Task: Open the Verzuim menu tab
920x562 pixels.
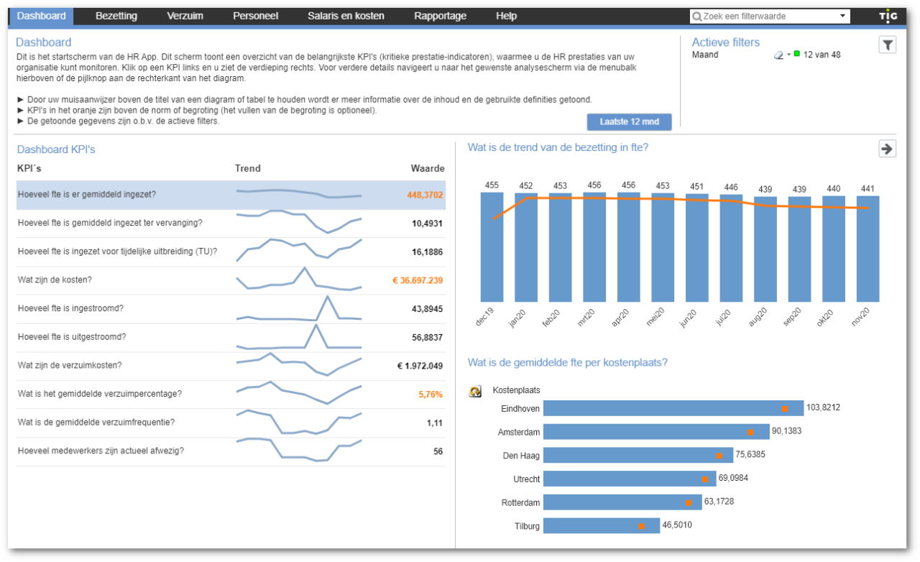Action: [x=185, y=16]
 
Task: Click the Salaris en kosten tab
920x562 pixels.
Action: [x=346, y=16]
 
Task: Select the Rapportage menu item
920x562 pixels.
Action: [x=440, y=16]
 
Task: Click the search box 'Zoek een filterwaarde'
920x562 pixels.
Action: [x=765, y=17]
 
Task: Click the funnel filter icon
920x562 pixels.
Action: [x=888, y=45]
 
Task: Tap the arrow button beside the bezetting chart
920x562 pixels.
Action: [x=887, y=149]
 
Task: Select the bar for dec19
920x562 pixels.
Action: [x=492, y=247]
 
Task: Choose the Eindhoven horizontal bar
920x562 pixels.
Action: [x=673, y=408]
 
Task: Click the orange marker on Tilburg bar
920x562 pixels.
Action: [x=642, y=527]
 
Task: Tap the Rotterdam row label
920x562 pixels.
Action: [x=520, y=502]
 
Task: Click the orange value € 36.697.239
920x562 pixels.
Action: [x=418, y=280]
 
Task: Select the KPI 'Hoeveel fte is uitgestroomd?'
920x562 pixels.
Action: [x=72, y=337]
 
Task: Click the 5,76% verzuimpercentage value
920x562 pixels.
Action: [x=430, y=394]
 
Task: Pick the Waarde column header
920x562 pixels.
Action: [x=427, y=168]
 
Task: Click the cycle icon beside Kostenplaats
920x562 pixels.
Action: [x=475, y=392]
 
